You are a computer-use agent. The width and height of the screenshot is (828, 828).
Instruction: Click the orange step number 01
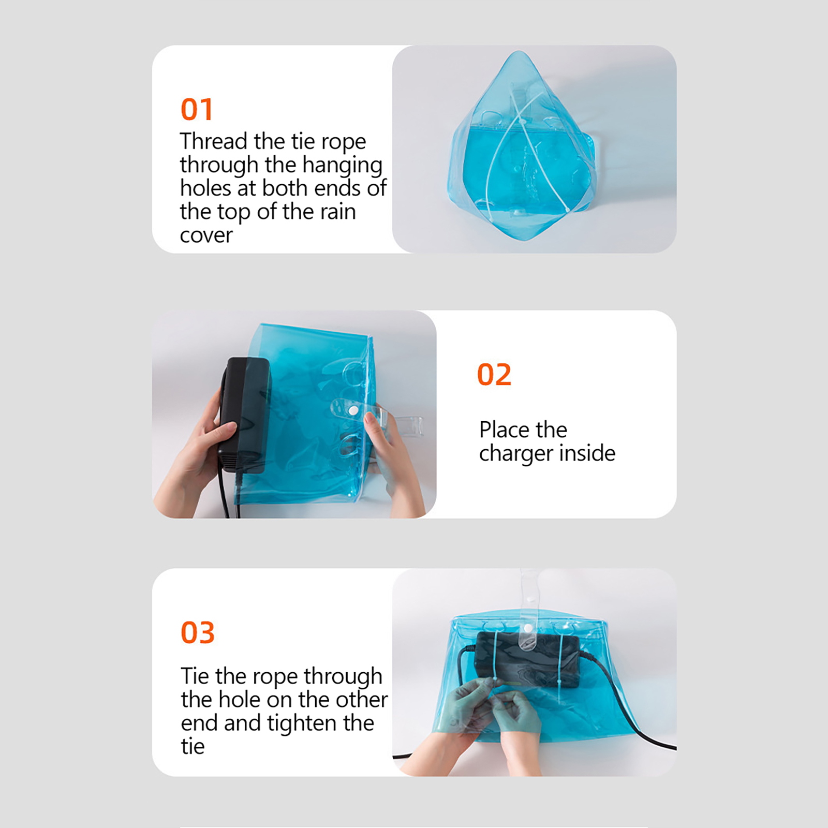coord(197,109)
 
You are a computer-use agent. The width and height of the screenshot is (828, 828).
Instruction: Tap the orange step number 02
coord(494,374)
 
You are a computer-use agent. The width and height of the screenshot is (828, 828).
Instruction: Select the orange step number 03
coord(198,632)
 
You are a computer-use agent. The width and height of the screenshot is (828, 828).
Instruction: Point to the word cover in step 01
coord(206,235)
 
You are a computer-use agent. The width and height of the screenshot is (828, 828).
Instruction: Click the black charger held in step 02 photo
coord(244,414)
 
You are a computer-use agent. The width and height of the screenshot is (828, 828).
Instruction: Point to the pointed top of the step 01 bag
coord(519,52)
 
